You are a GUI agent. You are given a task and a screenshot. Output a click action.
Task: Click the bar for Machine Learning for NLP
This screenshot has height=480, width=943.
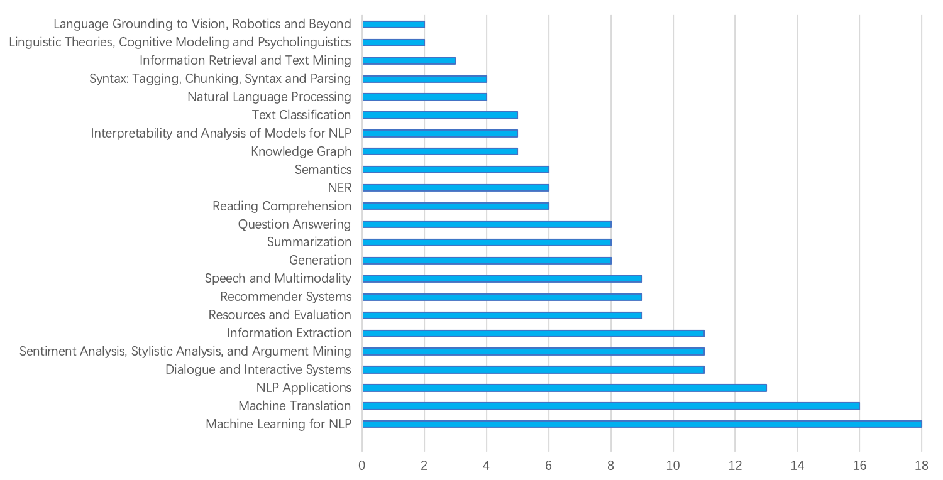[x=641, y=424]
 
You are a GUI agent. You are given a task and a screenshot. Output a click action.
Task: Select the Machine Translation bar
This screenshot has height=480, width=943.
[x=610, y=406]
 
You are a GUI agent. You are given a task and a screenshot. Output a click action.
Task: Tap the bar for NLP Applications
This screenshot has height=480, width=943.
[x=564, y=388]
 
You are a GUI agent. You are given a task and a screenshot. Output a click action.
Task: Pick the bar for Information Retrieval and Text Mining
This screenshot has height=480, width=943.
[x=409, y=60]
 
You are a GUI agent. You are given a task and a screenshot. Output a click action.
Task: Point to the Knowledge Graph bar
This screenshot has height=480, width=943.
[x=440, y=151]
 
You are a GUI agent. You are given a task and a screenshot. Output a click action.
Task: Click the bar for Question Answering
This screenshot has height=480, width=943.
[x=487, y=224]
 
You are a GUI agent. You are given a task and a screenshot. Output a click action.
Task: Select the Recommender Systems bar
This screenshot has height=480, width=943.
[x=502, y=297]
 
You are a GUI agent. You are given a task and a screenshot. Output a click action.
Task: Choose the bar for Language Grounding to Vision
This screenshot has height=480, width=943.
[x=393, y=25]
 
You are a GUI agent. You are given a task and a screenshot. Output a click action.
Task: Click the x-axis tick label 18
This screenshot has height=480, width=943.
[x=922, y=466]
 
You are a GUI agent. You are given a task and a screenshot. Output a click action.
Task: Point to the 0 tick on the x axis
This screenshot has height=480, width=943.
[x=362, y=466]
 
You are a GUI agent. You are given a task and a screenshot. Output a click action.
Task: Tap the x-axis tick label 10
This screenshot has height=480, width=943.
[x=673, y=466]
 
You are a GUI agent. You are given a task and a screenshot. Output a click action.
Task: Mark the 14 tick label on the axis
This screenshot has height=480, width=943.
[x=797, y=466]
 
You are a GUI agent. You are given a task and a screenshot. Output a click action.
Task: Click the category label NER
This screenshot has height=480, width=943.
[x=339, y=188]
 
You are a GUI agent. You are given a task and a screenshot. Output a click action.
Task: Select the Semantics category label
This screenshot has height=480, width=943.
[x=323, y=170]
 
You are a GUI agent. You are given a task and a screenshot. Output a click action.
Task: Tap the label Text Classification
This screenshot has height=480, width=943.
[x=301, y=115]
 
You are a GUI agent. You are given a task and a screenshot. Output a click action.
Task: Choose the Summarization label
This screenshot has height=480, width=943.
[x=309, y=243]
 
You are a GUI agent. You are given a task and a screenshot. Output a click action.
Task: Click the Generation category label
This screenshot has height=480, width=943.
[x=320, y=260]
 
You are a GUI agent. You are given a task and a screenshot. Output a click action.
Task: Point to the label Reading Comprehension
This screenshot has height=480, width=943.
[x=282, y=206]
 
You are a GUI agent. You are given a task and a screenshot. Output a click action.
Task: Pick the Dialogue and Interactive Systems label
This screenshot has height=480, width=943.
[x=258, y=369]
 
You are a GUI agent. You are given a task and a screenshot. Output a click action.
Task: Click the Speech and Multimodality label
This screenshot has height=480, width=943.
[x=278, y=278]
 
